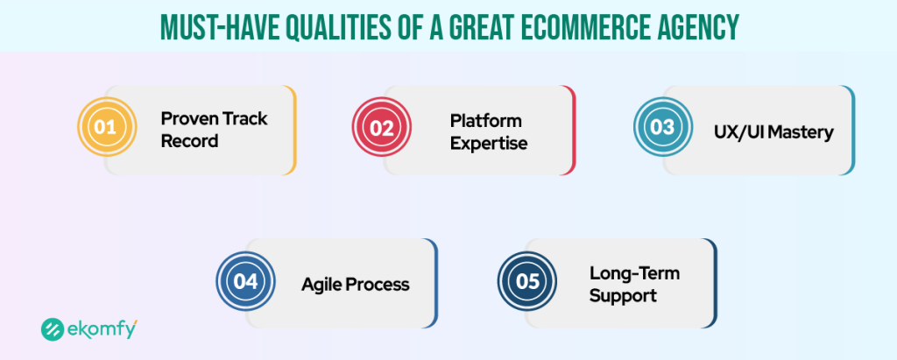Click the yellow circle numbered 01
click(106, 129)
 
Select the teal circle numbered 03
click(661, 129)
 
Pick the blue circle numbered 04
click(245, 283)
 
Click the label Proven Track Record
click(214, 130)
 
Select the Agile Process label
click(355, 285)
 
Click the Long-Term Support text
click(633, 285)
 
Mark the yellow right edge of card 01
click(294, 130)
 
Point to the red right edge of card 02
click(574, 130)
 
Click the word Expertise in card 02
click(488, 143)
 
